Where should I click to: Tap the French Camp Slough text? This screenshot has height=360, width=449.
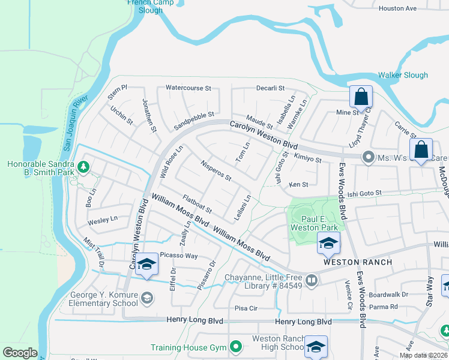pos(150,6)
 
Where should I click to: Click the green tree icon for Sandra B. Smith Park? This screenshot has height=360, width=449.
pos(84,167)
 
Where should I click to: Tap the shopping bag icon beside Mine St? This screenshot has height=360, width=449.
pos(361,96)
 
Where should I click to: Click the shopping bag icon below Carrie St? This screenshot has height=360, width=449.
pos(421,149)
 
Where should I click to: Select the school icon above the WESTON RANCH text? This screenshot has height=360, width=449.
pos(328,243)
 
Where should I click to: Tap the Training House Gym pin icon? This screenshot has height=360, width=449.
pos(236,347)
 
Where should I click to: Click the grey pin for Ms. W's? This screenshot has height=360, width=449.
pos(367,158)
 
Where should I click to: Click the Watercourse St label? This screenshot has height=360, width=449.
pos(188,88)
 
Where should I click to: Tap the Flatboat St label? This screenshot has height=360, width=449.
pos(197,204)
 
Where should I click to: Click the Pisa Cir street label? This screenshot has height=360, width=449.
pos(246,308)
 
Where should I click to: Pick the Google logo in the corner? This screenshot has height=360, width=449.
pos(20,353)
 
